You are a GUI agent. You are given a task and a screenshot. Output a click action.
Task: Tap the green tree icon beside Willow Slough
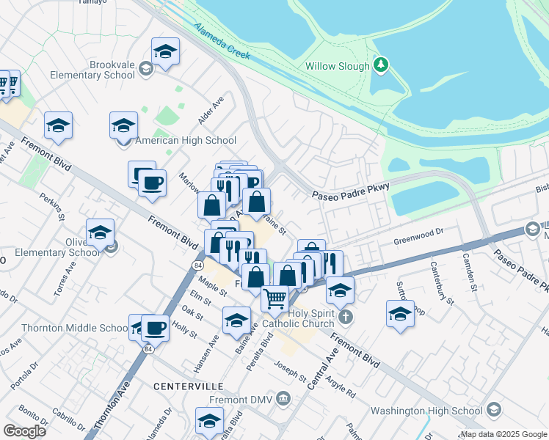click(380, 65)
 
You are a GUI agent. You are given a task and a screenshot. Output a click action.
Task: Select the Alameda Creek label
click(222, 41)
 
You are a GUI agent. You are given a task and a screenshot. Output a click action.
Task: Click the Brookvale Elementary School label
click(92, 70)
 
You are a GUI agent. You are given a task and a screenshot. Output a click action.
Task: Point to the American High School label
click(186, 140)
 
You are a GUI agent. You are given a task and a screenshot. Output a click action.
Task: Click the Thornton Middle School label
click(65, 328)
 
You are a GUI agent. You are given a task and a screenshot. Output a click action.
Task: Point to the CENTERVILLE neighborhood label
click(188, 386)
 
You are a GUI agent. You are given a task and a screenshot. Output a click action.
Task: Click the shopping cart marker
click(274, 297)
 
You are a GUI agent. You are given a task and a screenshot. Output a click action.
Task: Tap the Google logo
click(24, 431)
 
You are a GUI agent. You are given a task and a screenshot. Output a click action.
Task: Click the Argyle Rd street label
click(341, 382)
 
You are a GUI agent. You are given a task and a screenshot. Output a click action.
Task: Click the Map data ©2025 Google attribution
click(503, 434)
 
